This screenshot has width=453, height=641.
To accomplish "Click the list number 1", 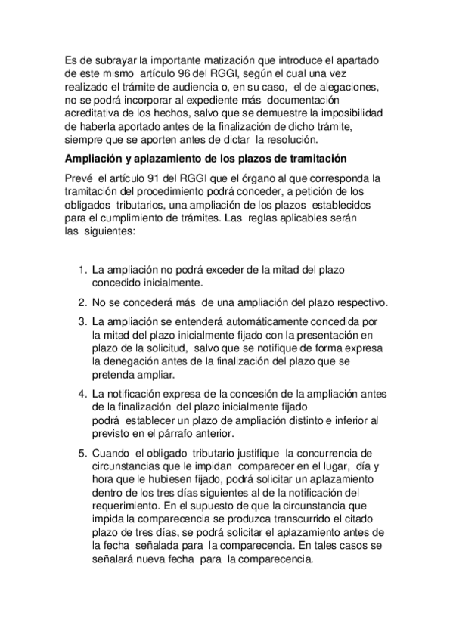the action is coord(82,268).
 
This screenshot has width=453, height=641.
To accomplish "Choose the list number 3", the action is coord(82,321).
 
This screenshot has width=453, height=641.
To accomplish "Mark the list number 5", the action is coord(82,453).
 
